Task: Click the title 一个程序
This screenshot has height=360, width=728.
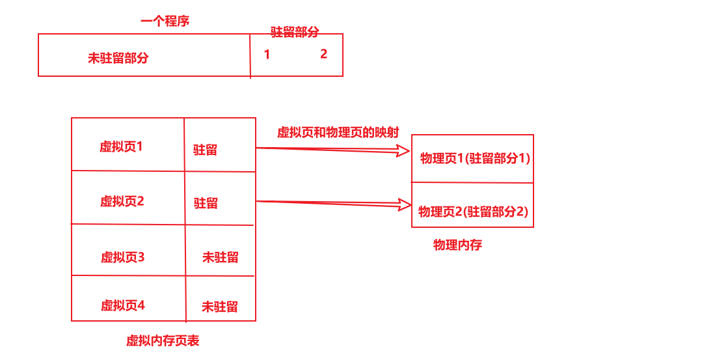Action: click(x=165, y=21)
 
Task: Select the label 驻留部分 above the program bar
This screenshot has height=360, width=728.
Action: click(x=295, y=32)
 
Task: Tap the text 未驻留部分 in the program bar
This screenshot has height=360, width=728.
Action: click(x=118, y=58)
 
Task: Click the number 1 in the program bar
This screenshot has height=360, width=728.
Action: click(x=267, y=55)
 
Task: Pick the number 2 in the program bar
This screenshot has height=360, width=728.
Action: click(x=323, y=54)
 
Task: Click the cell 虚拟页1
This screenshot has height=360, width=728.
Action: click(x=121, y=146)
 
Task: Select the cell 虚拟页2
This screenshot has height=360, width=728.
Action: click(x=122, y=201)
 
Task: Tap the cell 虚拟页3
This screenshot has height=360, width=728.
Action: click(x=122, y=257)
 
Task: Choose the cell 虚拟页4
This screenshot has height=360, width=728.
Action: click(x=122, y=305)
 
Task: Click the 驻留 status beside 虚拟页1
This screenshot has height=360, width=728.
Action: click(x=205, y=150)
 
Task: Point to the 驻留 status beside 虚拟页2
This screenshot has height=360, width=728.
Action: click(x=206, y=203)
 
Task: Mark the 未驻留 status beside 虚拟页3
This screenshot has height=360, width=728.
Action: click(x=220, y=257)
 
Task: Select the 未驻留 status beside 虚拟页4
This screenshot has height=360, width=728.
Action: click(x=219, y=307)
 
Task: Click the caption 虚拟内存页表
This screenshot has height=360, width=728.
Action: click(x=163, y=340)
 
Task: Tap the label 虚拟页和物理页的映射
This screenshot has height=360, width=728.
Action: click(x=338, y=132)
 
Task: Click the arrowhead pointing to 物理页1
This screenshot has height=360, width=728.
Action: click(x=404, y=152)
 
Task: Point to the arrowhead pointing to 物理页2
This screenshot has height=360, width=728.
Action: click(x=405, y=206)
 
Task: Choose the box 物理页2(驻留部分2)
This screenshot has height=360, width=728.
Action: click(x=473, y=211)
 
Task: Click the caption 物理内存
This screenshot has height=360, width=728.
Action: click(x=457, y=245)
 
